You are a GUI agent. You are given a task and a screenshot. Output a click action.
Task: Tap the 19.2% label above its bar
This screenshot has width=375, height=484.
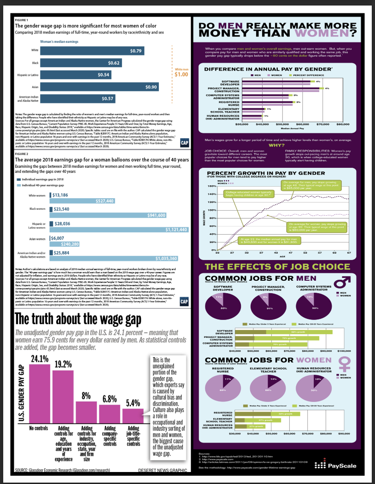coord(63,364)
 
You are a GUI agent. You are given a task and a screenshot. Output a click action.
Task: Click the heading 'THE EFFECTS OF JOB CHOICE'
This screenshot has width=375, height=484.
coord(277,266)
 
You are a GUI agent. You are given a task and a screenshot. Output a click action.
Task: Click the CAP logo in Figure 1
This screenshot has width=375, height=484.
coord(183,142)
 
